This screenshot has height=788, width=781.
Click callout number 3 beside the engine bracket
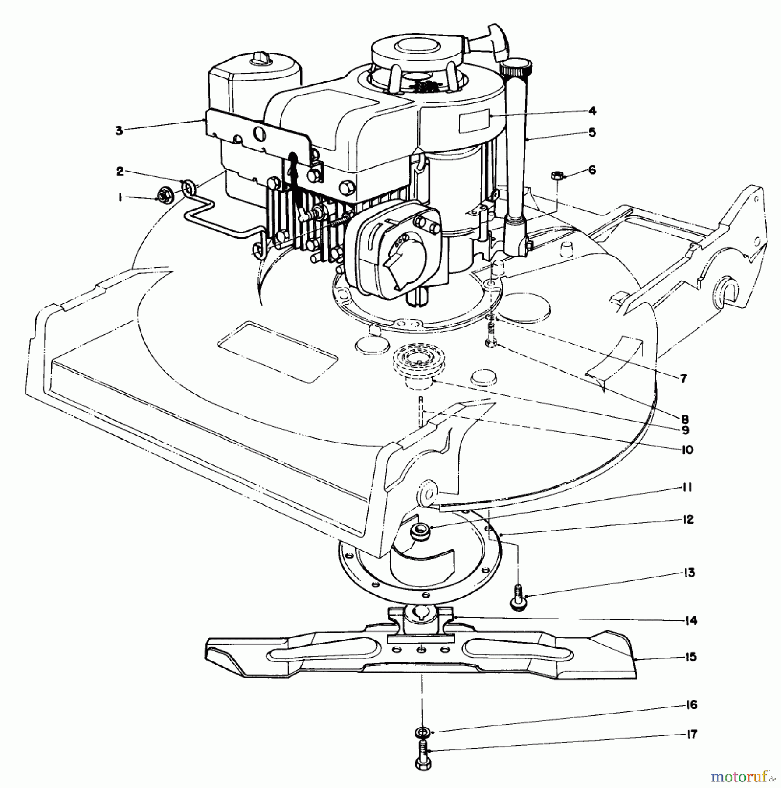click(119, 130)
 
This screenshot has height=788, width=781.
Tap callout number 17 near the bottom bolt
click(690, 734)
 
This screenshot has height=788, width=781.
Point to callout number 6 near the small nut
click(592, 169)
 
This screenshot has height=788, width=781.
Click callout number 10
click(687, 449)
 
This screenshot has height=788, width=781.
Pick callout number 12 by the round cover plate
click(688, 520)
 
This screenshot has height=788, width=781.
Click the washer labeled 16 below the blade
click(421, 732)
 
